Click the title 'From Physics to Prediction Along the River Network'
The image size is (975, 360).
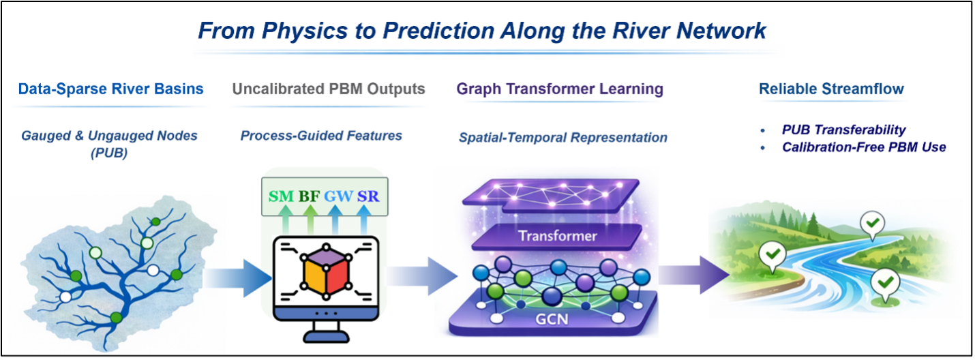coord(481,31)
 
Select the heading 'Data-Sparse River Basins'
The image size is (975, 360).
coord(111,89)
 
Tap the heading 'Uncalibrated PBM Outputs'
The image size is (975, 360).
coord(329,89)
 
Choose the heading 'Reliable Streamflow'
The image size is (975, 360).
coord(831,89)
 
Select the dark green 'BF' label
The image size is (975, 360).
coord(310,197)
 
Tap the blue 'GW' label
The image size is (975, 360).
coord(339,197)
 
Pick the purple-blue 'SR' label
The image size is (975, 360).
coord(367,197)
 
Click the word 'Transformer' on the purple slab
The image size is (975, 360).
coord(557,237)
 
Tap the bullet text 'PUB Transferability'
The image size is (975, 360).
coord(844,130)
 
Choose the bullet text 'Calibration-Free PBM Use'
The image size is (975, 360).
coord(864,147)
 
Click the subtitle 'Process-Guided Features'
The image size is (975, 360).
coord(321,136)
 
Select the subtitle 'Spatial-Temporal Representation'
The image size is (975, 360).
coord(562,138)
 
